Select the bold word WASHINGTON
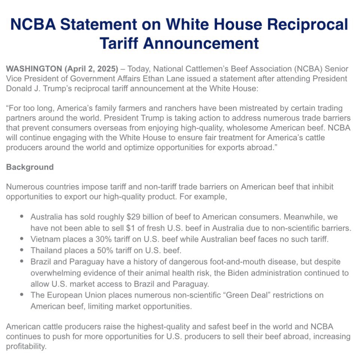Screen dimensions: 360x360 tap(34, 69)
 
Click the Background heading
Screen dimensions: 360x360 tap(30, 167)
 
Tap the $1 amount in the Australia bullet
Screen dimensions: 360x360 tap(140, 228)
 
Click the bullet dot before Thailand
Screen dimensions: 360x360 tap(22, 250)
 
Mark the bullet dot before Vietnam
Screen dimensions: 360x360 tap(22, 238)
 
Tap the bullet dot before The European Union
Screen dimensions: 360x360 tap(22, 295)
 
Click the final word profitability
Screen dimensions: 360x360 tap(26, 347)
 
